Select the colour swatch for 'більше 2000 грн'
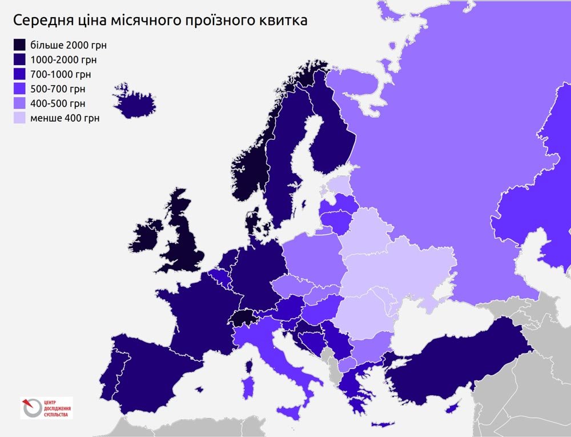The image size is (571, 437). point(20,45)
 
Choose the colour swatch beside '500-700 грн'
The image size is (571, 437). point(20,89)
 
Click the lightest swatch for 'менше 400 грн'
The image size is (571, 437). point(20,118)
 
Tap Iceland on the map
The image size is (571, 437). point(135,103)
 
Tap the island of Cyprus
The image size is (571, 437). point(452,407)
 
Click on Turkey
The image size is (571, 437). point(457,357)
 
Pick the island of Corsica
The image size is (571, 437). point(249,366)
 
